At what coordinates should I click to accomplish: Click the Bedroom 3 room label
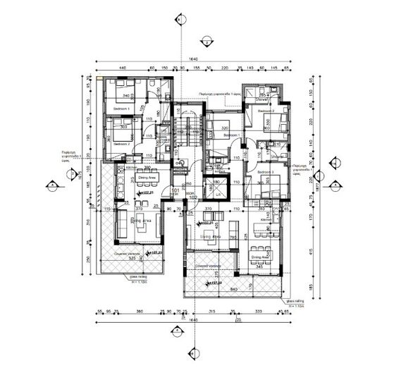coord(265,172)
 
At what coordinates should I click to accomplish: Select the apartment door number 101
coord(175,190)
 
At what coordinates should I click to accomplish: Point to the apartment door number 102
coord(190,197)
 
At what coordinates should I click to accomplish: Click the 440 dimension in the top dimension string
coord(122,68)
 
